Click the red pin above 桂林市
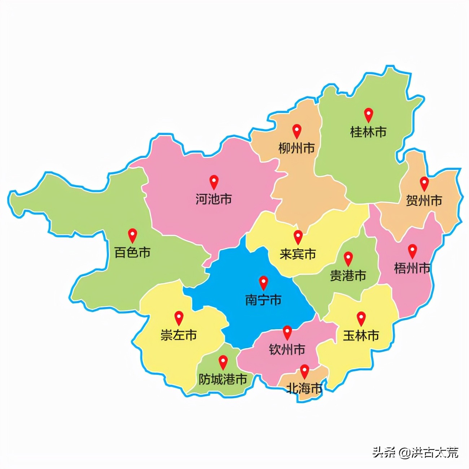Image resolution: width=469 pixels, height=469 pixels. (x=368, y=114)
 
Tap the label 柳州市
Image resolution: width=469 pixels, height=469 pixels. (x=296, y=148)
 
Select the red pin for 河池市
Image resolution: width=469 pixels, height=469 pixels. (x=214, y=181)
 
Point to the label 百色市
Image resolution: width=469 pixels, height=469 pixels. (x=132, y=252)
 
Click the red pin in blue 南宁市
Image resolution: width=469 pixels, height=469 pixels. (x=264, y=282)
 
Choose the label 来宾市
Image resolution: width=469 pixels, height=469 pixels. (x=298, y=254)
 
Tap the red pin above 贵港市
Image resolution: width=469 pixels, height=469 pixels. (x=348, y=258)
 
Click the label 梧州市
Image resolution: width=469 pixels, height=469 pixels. (x=412, y=268)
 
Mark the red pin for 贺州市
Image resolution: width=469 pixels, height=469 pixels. (x=424, y=183)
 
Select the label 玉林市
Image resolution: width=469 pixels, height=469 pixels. (x=361, y=335)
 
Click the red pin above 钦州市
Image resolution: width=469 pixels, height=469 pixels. (x=287, y=332)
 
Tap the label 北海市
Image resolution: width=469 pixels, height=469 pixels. (x=304, y=388)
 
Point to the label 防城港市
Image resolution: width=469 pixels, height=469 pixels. (x=223, y=379)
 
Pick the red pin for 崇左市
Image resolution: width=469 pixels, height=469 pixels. (x=179, y=317)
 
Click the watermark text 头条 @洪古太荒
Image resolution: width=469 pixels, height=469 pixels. (x=415, y=452)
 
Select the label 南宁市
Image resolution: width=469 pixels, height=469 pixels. (x=263, y=300)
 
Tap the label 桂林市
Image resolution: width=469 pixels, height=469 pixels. (x=368, y=132)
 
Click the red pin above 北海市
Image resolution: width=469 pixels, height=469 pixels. (x=305, y=371)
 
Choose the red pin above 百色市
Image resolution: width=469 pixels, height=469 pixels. (x=133, y=235)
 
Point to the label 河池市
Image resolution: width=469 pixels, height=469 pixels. (x=214, y=199)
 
